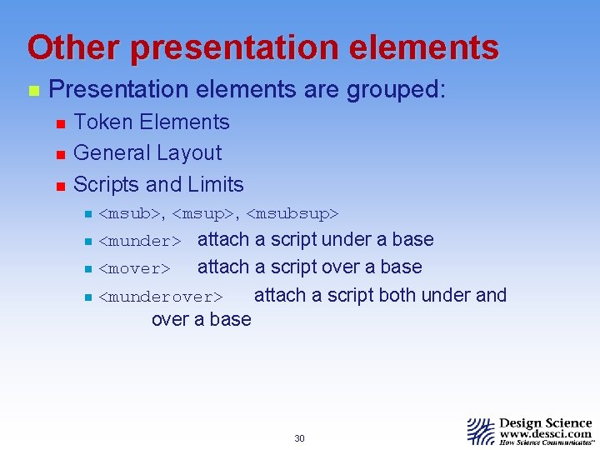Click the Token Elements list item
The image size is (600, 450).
click(151, 122)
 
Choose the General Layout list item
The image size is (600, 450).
click(147, 152)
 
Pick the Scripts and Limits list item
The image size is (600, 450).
click(158, 184)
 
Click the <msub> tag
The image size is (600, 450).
click(131, 214)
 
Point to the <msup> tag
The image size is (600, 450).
click(203, 214)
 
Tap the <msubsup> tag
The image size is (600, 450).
click(292, 214)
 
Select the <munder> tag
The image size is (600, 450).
click(139, 242)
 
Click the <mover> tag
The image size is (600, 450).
click(134, 269)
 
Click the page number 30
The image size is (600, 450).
click(300, 438)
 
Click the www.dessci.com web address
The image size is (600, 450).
click(546, 434)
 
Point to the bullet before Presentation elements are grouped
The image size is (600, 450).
click(32, 91)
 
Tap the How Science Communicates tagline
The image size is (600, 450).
click(546, 444)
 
